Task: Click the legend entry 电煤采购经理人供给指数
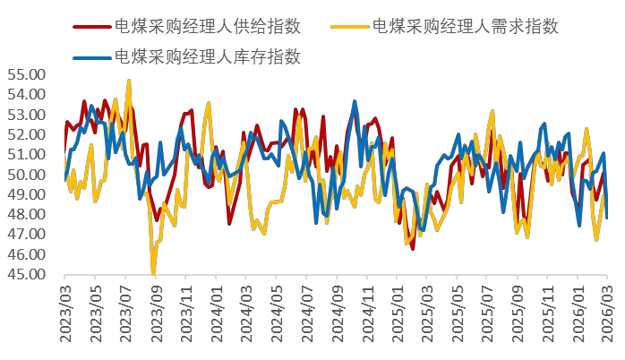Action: (207, 26)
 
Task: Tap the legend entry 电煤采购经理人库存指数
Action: (207, 57)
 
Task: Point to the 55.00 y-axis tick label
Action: (27, 74)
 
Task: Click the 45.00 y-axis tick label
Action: (27, 274)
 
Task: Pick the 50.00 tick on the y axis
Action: (27, 175)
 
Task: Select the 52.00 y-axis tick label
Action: (27, 134)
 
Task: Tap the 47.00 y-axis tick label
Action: (27, 235)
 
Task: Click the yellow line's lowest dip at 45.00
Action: (153, 273)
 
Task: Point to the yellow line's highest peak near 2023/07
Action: (129, 81)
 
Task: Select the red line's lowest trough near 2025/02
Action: (413, 248)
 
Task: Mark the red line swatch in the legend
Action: (90, 26)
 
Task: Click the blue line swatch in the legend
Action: (90, 57)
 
